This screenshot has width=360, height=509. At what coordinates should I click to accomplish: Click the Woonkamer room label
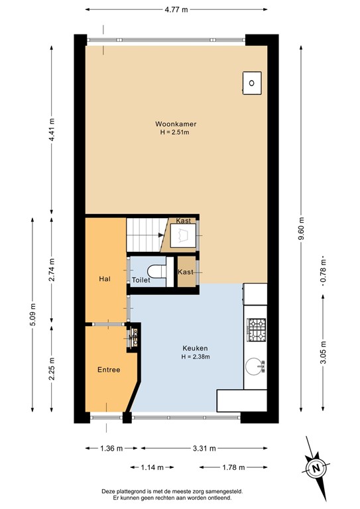[176, 123]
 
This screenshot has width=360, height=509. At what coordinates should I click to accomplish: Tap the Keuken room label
[196, 347]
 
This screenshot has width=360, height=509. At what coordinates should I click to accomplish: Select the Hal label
[104, 279]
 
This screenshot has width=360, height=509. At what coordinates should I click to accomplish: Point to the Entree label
[108, 369]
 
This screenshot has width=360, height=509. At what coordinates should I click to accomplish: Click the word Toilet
[141, 280]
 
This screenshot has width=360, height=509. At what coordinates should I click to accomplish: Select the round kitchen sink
[255, 366]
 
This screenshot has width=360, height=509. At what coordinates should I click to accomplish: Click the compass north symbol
[316, 468]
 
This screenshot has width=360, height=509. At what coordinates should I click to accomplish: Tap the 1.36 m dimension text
[106, 449]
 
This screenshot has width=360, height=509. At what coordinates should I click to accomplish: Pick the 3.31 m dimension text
[200, 449]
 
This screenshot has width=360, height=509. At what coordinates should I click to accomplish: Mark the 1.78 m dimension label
[232, 468]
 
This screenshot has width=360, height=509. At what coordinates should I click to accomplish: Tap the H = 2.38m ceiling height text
[196, 357]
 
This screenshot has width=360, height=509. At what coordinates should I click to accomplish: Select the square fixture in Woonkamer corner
[251, 83]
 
